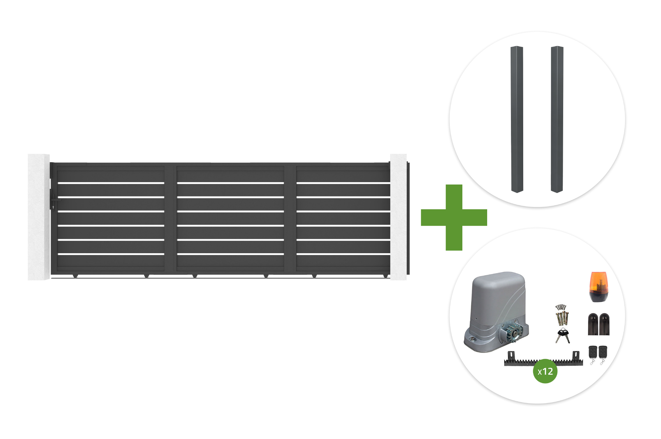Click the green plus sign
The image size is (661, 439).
click(454, 218)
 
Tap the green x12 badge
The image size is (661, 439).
click(545, 371)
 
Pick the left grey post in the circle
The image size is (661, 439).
click(517, 119)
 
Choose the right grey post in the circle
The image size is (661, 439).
click(557, 119)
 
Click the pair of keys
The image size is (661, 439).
click(563, 336)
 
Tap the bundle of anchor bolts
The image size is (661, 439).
click(562, 315)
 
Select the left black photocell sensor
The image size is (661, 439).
click(593, 324)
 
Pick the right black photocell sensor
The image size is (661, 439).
click(604, 324)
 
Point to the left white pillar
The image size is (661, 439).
click(39, 217)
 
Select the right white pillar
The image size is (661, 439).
click(398, 217)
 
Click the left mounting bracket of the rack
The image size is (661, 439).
click(511, 356)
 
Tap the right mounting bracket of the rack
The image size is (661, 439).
click(576, 356)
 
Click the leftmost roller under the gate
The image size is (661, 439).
click(75, 276)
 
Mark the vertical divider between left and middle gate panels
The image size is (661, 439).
click(171, 218)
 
